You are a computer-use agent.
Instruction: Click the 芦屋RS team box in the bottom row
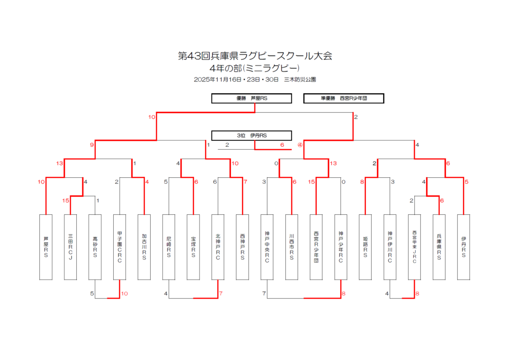(x=46, y=247)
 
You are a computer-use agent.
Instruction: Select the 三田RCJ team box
(x=70, y=247)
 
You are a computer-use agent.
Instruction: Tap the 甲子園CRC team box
(x=120, y=247)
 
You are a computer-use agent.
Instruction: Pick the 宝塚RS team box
(x=193, y=247)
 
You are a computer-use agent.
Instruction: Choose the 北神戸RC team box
(x=218, y=247)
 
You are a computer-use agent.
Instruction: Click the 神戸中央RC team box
(x=267, y=247)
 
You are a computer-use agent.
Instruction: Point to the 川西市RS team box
(x=291, y=247)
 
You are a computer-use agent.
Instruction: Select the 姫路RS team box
(x=365, y=247)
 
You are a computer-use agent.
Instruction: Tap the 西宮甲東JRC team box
(x=415, y=247)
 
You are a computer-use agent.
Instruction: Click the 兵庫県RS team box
(x=439, y=247)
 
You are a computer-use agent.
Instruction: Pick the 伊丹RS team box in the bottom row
(x=464, y=247)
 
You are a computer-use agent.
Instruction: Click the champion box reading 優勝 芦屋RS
(x=252, y=98)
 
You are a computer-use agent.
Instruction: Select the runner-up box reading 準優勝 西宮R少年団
(x=343, y=98)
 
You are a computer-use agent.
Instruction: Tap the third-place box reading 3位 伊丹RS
(x=252, y=135)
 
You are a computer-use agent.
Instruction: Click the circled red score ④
(x=300, y=145)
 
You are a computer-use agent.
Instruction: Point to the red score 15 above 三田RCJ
(x=65, y=201)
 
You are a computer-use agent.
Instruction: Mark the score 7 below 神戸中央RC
(x=263, y=294)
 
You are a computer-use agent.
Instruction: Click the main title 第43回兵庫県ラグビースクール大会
(x=255, y=56)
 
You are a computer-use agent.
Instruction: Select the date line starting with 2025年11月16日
(x=255, y=79)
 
